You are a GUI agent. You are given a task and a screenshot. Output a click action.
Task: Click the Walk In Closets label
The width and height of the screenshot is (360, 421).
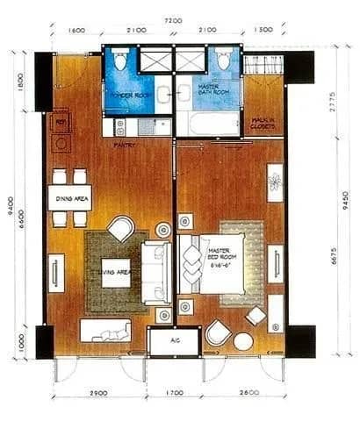pos(263,124)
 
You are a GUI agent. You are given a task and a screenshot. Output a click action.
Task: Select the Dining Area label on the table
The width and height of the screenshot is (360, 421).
pos(69,198)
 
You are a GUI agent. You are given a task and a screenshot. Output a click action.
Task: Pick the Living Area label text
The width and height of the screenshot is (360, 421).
pos(115,273)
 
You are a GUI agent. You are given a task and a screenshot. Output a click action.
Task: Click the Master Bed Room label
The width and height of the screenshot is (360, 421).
pos(219,255)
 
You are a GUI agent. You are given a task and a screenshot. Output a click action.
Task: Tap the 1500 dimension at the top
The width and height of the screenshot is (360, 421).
pos(263,30)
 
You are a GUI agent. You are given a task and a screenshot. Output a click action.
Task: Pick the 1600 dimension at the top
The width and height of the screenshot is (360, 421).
pos(76,30)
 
